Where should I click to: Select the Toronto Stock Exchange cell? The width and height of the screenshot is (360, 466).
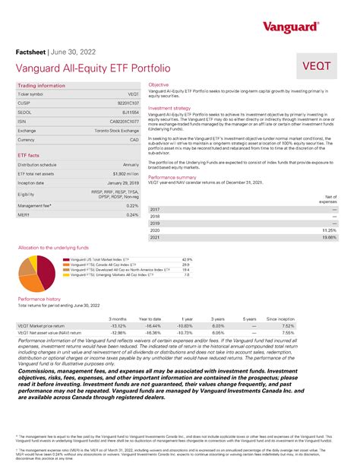pyautogui.click(x=112, y=130)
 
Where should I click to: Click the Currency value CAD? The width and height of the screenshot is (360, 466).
pyautogui.click(x=134, y=140)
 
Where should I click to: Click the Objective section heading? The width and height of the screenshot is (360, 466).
pyautogui.click(x=159, y=84)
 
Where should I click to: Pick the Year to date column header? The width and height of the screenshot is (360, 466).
pyautogui.click(x=151, y=319)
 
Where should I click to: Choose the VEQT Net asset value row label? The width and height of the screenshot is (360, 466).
pyautogui.click(x=50, y=332)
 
